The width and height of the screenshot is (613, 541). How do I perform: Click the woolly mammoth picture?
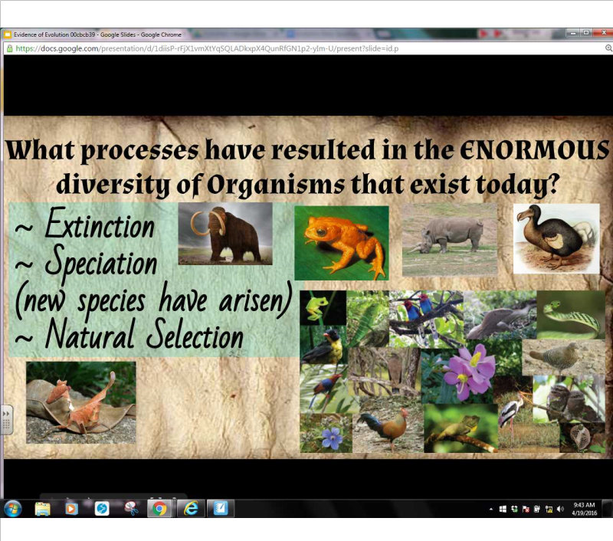coord(225,233)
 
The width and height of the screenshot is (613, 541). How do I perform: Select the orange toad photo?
coord(341,242)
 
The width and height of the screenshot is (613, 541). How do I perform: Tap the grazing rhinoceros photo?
coord(449,239)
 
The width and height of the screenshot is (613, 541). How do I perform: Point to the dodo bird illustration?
coord(556,238)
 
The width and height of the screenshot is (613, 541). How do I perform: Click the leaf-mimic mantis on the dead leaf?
coord(81,402)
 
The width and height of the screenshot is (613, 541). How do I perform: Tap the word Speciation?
coord(101,263)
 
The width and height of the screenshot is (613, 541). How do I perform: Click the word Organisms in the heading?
coord(267,184)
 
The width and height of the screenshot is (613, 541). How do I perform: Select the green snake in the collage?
coord(570,315)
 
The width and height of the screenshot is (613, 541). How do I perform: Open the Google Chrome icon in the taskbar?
coord(159,509)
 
